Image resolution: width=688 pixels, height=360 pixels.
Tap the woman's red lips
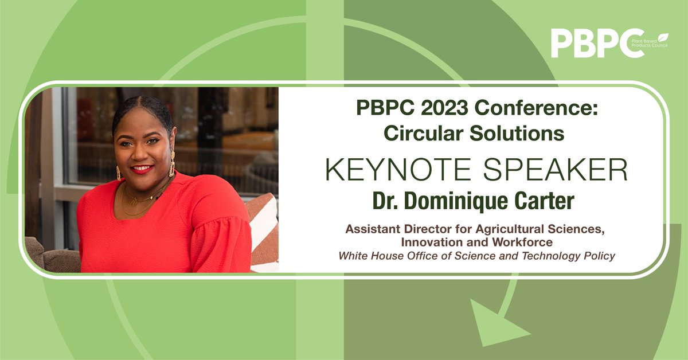[142, 169]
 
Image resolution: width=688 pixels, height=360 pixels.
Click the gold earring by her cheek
[171, 163]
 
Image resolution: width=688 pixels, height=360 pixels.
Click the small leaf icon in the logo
[663, 33]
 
